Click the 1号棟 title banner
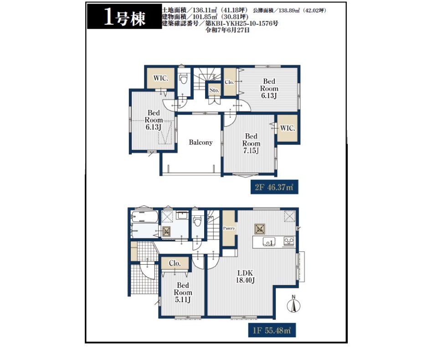coord(124,16)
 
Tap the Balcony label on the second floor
coord(201,142)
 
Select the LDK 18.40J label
coord(245,277)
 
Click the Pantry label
coord(229,228)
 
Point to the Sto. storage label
coord(214,90)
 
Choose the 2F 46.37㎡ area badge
coord(274,187)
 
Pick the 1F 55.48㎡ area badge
coord(272,330)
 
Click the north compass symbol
coord(294,304)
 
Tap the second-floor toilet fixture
coord(184,78)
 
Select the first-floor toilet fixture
coord(197,221)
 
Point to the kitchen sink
coord(269,241)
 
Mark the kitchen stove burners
coord(289,241)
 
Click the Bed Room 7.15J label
coord(251,144)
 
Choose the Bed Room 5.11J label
coord(183,292)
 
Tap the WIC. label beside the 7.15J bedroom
coord(288,128)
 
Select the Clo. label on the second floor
coord(229,82)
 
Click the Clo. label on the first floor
coord(175,263)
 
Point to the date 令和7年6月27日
coord(227,30)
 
